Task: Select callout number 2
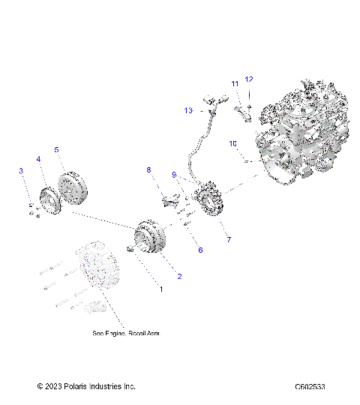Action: tap(178, 276)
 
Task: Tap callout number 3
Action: tap(21, 172)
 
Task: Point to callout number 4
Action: tap(38, 159)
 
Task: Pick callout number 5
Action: tap(56, 149)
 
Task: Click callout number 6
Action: tap(199, 250)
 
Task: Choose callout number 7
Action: tap(229, 239)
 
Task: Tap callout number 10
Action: tap(232, 142)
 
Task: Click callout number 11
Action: tap(235, 83)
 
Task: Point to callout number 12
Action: tap(250, 79)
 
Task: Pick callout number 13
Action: tap(189, 110)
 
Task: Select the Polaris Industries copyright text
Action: tap(86, 386)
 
